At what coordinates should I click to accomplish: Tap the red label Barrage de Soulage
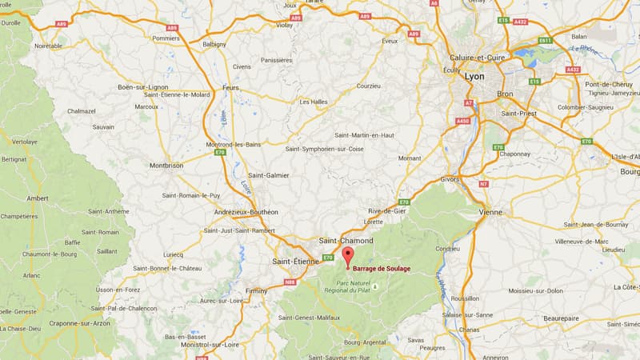pos(382,269)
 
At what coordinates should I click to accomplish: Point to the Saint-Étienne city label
pos(295,261)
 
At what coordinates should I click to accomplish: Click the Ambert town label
pos(38,198)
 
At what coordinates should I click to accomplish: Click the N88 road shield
pos(290,282)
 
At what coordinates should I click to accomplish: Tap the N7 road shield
pos(482,184)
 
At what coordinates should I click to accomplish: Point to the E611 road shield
pos(545,40)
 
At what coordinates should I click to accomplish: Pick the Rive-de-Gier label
pos(386,210)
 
